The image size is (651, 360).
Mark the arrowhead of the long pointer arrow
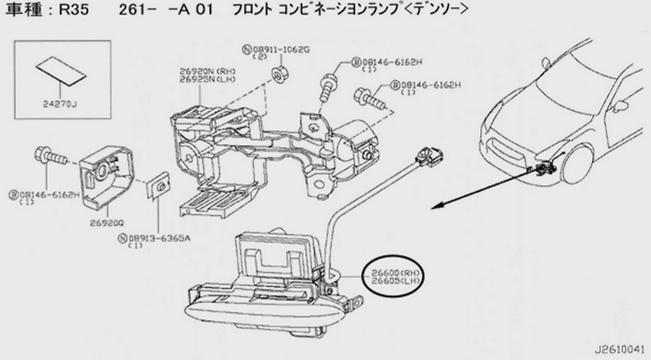pyautogui.click(x=435, y=205)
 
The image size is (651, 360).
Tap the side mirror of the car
pyautogui.click(x=619, y=106)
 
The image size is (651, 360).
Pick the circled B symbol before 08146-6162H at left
pyautogui.click(x=13, y=193)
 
